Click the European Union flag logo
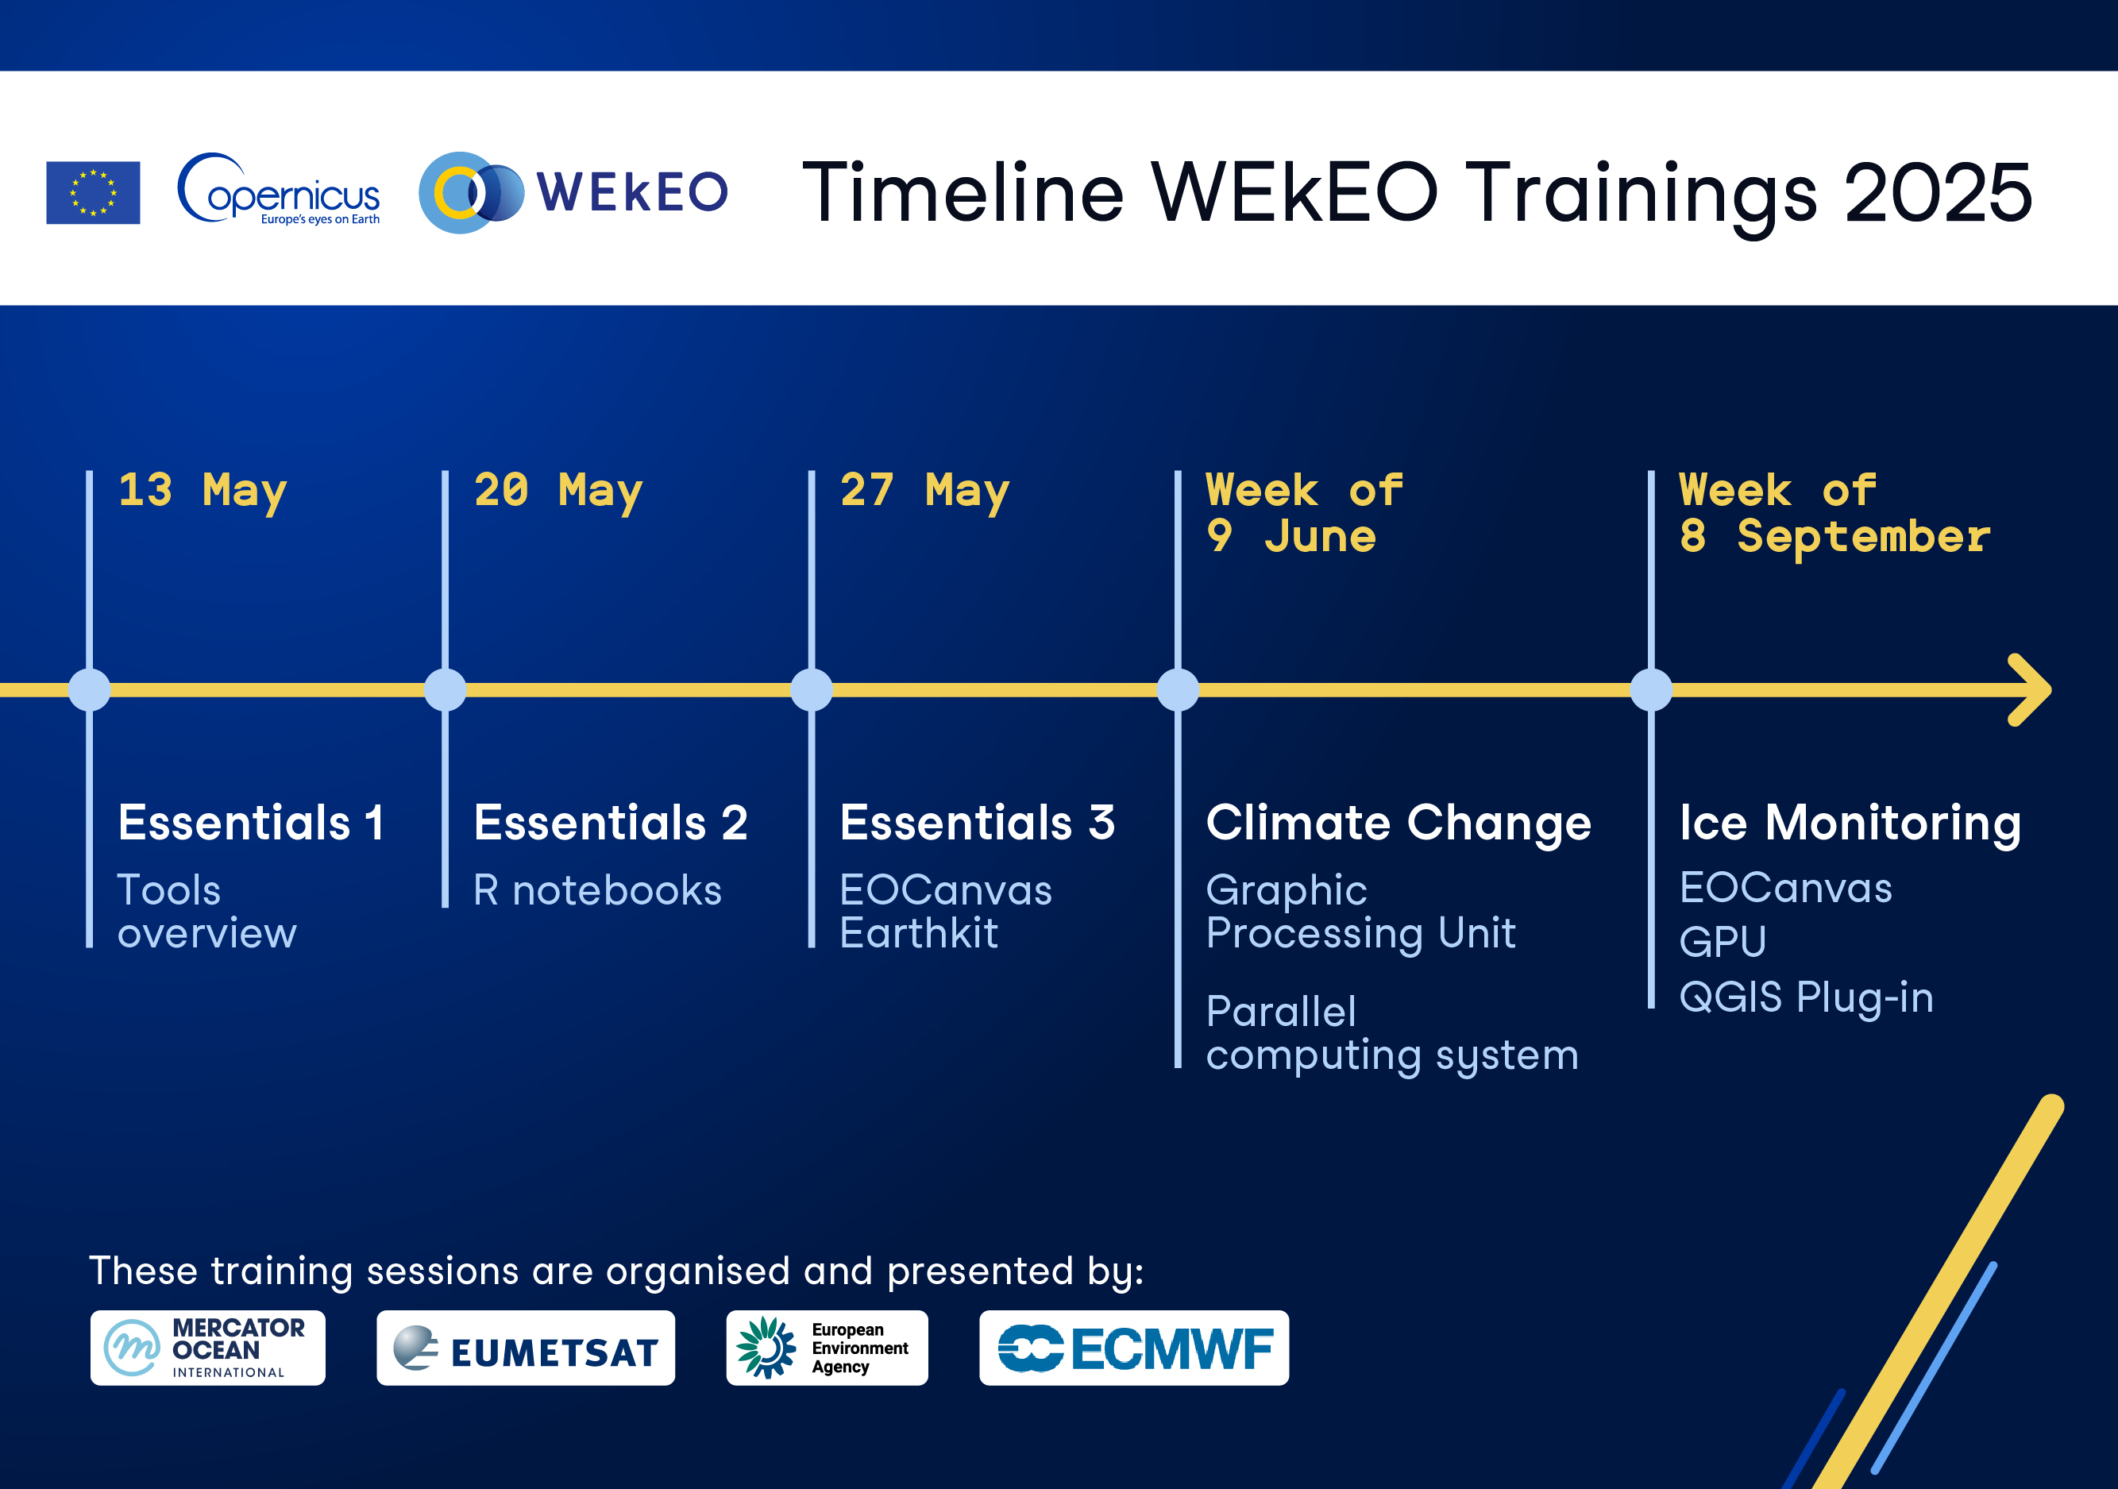(93, 193)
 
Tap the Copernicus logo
(279, 189)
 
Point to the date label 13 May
(203, 492)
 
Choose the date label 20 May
(558, 492)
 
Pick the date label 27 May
(924, 492)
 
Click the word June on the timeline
(1320, 537)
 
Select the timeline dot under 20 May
(446, 690)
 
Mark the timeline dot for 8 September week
(1651, 690)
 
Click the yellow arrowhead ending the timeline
(2031, 690)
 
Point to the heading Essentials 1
(251, 823)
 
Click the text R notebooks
(598, 891)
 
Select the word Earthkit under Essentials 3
(919, 934)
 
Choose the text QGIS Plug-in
(1806, 998)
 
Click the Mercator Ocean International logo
(207, 1348)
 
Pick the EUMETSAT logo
(526, 1348)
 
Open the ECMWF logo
(1134, 1348)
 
